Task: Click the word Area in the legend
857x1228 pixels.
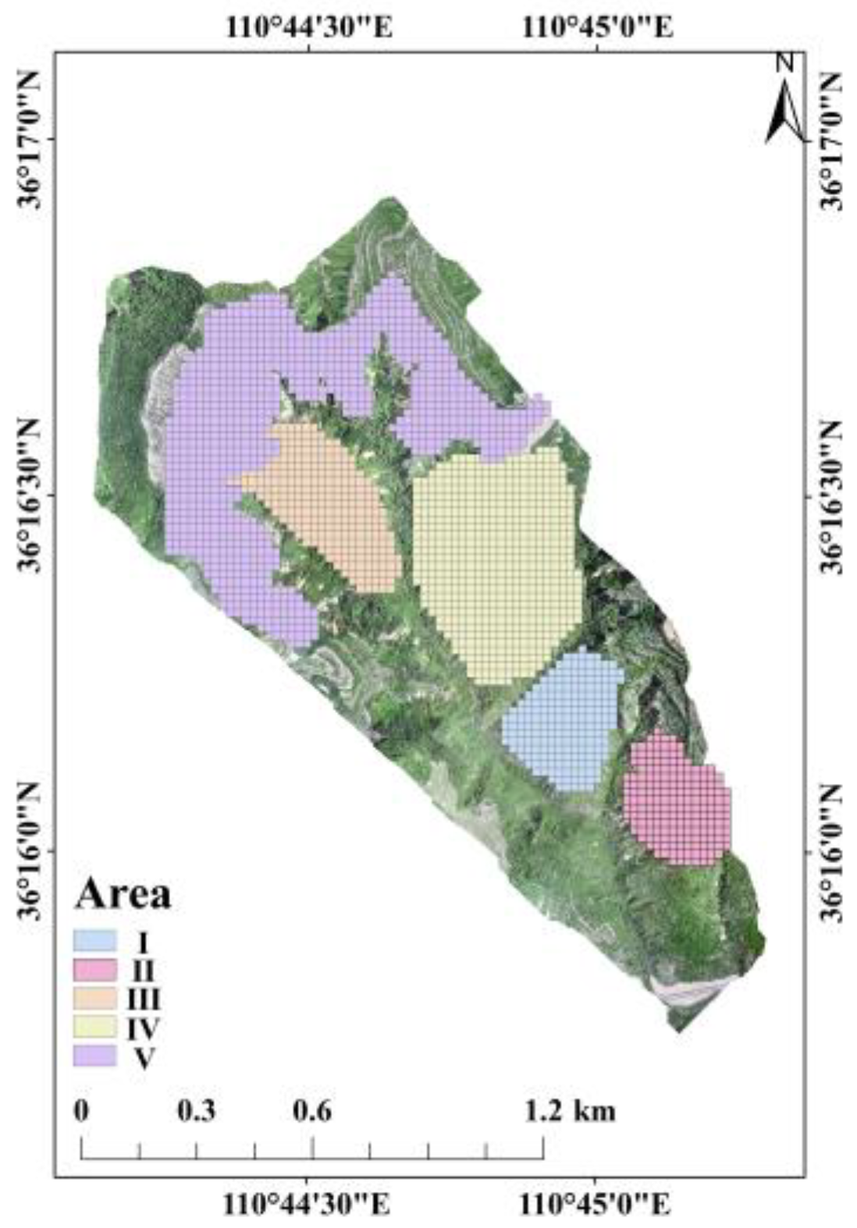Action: [x=123, y=894]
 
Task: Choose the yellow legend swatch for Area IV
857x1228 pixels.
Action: [x=94, y=1027]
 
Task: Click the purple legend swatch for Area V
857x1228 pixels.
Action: [x=94, y=1056]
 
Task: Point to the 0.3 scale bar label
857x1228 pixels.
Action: [x=197, y=1110]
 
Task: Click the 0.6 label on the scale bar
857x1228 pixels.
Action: [x=312, y=1110]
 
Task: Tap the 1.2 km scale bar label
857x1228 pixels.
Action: [x=570, y=1110]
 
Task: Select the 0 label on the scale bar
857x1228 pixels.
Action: [x=81, y=1110]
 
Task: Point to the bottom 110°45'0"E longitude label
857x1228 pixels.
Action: [x=596, y=1204]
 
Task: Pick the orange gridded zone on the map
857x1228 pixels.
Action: [x=328, y=499]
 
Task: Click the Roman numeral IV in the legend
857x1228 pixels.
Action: [x=143, y=1028]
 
